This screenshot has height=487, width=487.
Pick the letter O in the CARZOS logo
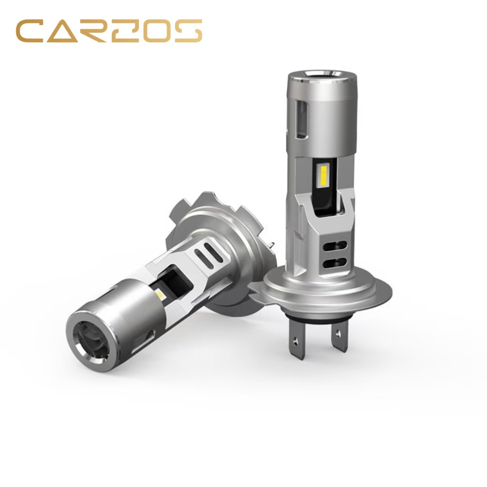coord(157,31)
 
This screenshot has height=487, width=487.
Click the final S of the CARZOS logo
coord(188,31)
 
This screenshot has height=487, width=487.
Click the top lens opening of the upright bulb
coord(322,74)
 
